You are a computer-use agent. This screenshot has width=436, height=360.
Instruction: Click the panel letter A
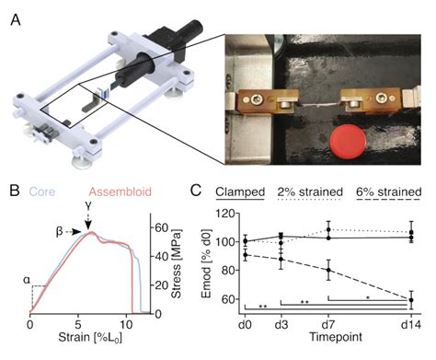(16, 15)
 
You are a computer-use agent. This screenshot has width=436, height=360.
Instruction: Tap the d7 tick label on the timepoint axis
(328, 327)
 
